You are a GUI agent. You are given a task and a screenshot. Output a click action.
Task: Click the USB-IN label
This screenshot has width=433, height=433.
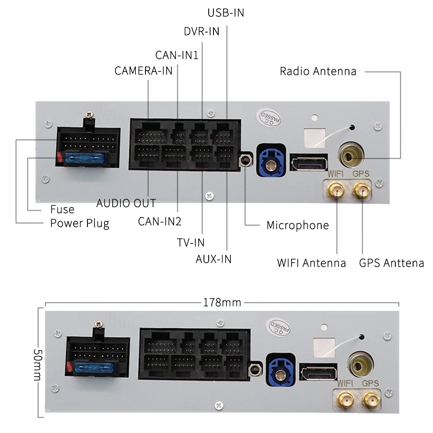click(226, 13)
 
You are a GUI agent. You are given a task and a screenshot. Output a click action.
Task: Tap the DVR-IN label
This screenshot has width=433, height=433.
click(202, 32)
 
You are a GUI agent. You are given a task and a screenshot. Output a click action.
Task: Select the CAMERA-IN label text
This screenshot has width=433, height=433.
click(143, 71)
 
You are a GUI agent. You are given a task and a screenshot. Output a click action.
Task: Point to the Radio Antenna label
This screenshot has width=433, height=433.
click(318, 71)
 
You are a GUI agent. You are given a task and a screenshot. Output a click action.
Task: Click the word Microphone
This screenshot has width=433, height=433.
click(298, 225)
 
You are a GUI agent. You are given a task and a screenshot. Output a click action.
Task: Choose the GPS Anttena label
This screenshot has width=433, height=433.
click(391, 263)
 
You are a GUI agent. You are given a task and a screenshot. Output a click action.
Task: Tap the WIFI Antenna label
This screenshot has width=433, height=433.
click(311, 263)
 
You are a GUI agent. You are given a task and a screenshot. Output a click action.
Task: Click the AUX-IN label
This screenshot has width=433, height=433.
click(213, 259)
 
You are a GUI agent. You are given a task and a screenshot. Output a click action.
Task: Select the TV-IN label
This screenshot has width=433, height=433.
click(191, 243)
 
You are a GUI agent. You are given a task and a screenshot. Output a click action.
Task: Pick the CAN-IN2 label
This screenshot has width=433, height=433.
click(160, 221)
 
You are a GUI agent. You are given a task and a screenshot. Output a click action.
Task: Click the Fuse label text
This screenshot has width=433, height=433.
click(62, 209)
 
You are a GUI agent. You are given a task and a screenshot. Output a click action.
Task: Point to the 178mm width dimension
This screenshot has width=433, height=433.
click(222, 303)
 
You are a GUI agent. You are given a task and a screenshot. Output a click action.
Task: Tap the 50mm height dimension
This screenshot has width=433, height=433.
click(38, 365)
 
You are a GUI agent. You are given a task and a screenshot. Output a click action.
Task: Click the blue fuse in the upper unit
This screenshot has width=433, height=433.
click(85, 158)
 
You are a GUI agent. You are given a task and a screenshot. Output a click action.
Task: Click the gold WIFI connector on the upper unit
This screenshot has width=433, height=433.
click(336, 190)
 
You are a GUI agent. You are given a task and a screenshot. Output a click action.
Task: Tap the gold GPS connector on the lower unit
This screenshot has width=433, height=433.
click(371, 400)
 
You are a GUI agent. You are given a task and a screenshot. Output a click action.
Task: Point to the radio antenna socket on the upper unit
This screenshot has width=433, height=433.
click(351, 155)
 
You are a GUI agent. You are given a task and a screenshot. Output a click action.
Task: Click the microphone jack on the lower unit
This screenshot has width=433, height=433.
click(255, 369)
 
